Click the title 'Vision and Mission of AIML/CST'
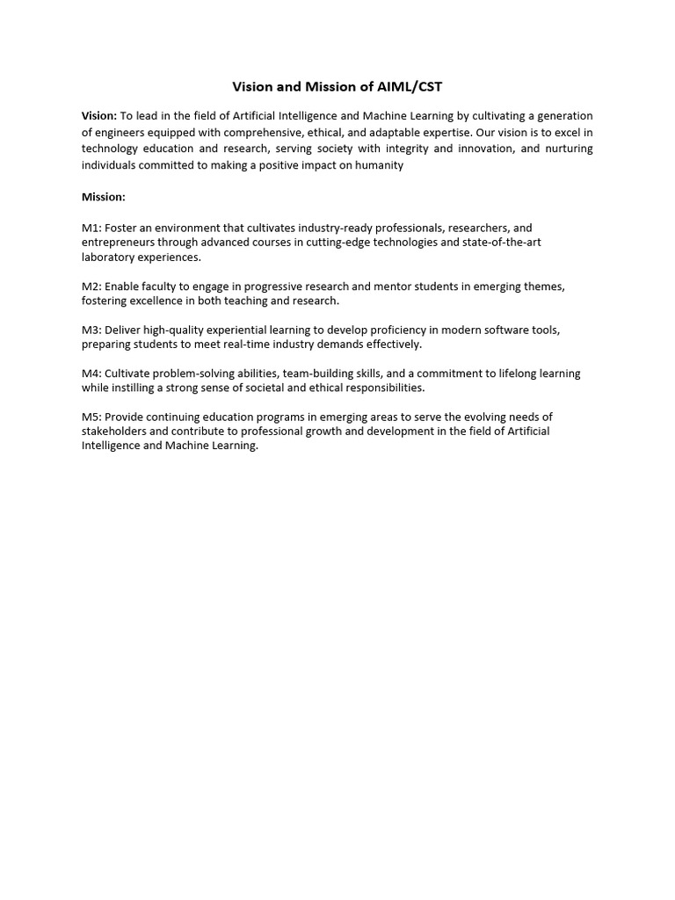[337, 87]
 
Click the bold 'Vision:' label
[99, 116]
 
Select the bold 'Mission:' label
[104, 197]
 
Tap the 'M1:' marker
[91, 228]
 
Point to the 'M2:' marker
[91, 287]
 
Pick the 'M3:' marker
[91, 330]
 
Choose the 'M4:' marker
[91, 374]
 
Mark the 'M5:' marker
[91, 417]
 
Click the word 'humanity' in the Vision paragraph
[381, 165]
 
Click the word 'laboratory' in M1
[109, 258]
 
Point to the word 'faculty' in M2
[160, 287]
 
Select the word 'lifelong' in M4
[508, 374]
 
